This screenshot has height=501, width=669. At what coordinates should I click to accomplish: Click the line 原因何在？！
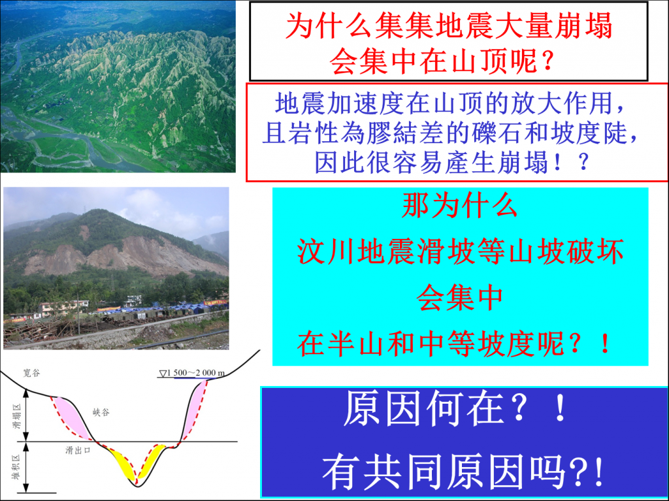(456, 409)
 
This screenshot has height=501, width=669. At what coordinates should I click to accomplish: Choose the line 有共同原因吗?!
(463, 472)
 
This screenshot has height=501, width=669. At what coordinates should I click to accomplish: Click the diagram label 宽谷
(31, 373)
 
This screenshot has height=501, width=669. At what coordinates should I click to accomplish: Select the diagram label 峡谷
(101, 412)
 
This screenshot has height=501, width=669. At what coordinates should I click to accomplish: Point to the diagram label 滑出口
(78, 450)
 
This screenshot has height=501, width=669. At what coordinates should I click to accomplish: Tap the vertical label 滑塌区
(16, 417)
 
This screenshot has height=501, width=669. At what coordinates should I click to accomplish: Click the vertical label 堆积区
(16, 467)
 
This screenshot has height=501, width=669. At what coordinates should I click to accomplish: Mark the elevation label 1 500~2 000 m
(193, 373)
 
